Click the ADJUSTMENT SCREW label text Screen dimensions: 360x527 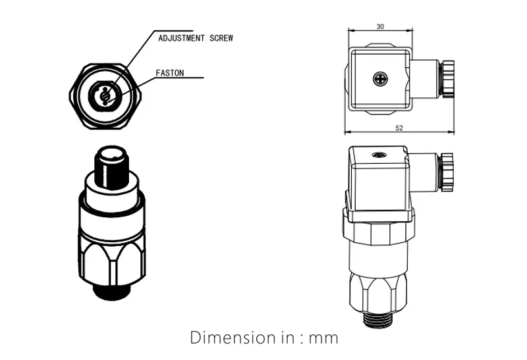click(195, 38)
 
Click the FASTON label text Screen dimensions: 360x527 click(171, 73)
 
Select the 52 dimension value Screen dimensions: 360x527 click(399, 128)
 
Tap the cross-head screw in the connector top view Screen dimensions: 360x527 click(379, 78)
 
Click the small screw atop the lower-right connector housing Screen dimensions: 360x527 click(378, 155)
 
